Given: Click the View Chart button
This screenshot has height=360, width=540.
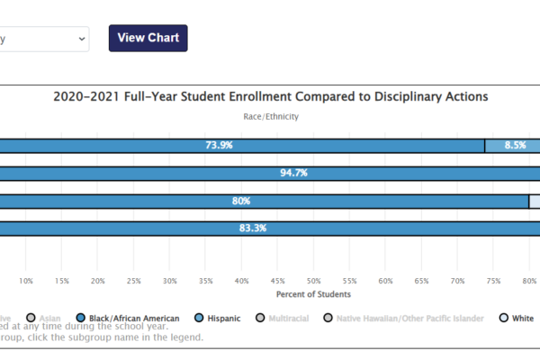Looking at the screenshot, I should click(x=148, y=38).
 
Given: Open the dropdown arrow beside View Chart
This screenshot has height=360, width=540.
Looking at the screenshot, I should click(x=82, y=39).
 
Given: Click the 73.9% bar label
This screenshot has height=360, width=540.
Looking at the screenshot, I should click(x=220, y=145).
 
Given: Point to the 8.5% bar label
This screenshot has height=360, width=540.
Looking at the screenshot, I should click(x=515, y=145).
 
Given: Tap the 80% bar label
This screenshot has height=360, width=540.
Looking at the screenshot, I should click(x=241, y=202).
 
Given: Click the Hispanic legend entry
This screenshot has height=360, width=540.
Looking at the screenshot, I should click(x=227, y=318).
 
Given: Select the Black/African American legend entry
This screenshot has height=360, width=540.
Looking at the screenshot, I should click(x=135, y=318).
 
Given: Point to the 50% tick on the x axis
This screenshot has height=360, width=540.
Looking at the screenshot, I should click(x=314, y=281).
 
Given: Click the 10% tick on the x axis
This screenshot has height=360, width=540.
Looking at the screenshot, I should click(x=26, y=281).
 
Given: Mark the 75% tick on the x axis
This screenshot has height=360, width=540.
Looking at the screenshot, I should click(x=494, y=281).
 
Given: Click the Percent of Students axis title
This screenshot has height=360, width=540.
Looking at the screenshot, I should click(x=313, y=294).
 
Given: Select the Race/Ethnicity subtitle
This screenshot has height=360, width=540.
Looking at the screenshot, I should click(x=271, y=116).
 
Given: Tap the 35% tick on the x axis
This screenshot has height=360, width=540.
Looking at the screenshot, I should click(x=206, y=281).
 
